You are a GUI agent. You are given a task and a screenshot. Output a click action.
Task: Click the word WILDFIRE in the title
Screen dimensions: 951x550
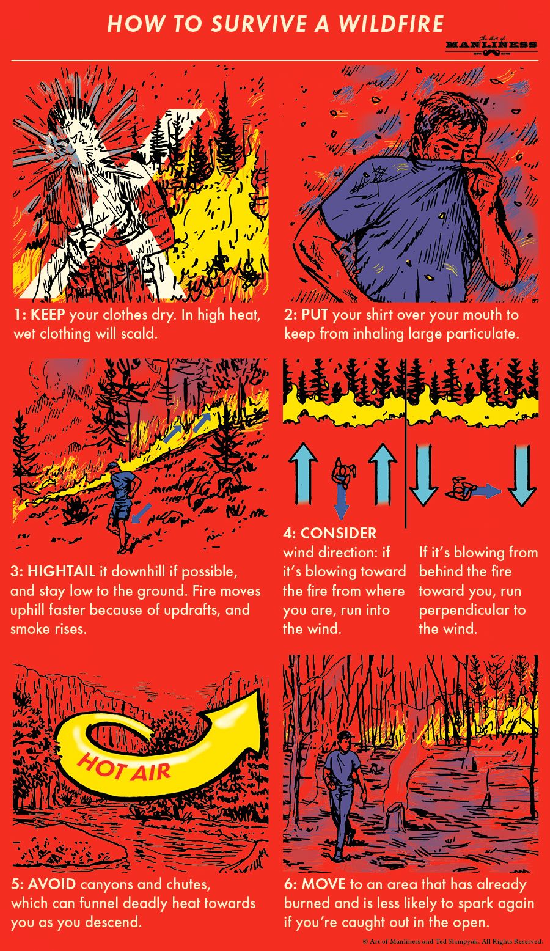point(391,24)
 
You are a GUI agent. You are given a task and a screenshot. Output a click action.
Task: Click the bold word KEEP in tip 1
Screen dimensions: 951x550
point(48,315)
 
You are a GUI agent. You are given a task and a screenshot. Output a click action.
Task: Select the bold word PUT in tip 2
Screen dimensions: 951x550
point(315,315)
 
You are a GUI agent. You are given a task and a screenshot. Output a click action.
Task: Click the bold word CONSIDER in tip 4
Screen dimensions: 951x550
point(339,534)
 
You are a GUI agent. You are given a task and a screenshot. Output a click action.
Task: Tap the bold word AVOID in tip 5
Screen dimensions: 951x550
point(52,884)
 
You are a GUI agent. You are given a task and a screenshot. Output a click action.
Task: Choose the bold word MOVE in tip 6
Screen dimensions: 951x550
point(324,884)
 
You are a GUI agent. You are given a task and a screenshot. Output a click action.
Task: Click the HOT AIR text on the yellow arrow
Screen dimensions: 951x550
point(124,768)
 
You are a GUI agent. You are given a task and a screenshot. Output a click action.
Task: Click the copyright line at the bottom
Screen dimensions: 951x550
point(452,942)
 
